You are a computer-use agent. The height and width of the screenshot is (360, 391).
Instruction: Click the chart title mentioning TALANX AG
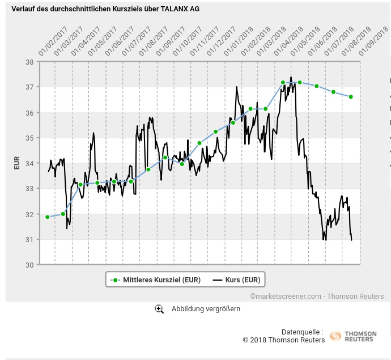tap(105, 9)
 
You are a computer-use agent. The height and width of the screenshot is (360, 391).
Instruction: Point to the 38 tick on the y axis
tap(29, 62)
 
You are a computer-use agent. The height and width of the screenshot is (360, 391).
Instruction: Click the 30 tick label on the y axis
tap(29, 265)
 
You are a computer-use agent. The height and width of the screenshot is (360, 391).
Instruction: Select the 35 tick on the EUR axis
tap(29, 138)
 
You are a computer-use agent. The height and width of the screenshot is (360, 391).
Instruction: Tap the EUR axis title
tap(16, 163)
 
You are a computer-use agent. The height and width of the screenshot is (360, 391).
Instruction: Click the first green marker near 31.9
tap(48, 217)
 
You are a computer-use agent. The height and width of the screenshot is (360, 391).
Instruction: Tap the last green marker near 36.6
tap(351, 97)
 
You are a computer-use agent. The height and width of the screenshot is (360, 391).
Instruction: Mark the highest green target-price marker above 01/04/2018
tap(283, 83)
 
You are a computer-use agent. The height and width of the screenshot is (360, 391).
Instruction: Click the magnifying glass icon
tap(159, 309)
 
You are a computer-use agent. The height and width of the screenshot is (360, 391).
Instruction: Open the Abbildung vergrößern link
tap(206, 309)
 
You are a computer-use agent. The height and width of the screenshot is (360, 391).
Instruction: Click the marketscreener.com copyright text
tap(316, 296)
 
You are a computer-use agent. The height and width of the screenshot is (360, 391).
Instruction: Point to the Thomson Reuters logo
tap(353, 336)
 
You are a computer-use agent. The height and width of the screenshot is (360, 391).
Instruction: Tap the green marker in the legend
tap(116, 280)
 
